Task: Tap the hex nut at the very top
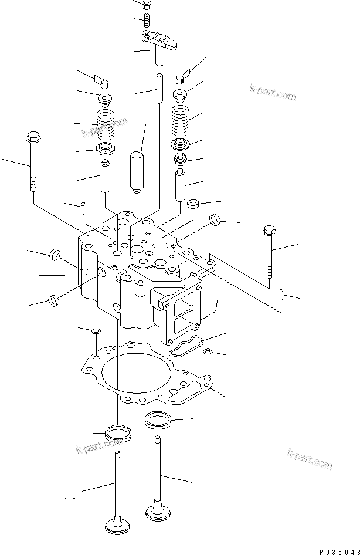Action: (x=147, y=5)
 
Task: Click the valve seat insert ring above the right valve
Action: (x=157, y=419)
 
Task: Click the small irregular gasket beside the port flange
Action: (x=186, y=346)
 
